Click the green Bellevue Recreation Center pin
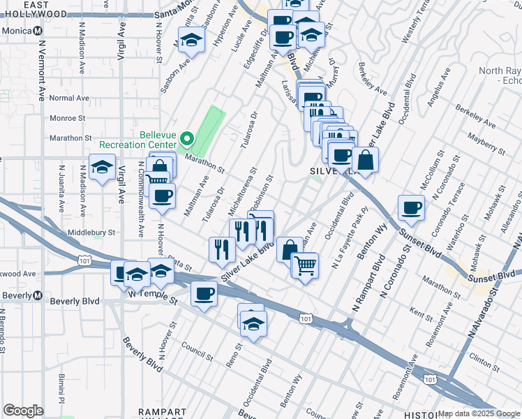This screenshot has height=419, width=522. [x=186, y=138]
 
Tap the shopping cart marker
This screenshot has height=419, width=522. [x=304, y=265]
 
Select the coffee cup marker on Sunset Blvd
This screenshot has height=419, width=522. [x=411, y=207]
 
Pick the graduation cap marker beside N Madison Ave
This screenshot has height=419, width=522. [x=103, y=168]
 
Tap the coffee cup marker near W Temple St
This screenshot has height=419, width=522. [x=204, y=295]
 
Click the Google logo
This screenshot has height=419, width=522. [x=24, y=411]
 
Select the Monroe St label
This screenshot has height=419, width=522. [x=67, y=118]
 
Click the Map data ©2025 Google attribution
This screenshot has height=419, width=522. [x=478, y=413]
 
